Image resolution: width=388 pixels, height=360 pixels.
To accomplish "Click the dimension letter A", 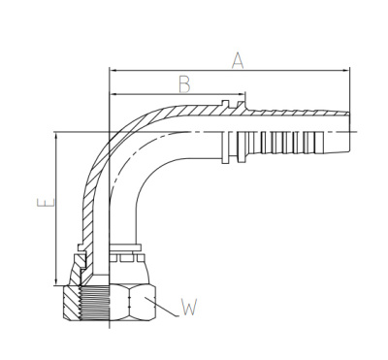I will pos(238,60).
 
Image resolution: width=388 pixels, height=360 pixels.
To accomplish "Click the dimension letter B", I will pos(184,82).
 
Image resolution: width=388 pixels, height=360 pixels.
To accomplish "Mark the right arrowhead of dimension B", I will pos(239,94).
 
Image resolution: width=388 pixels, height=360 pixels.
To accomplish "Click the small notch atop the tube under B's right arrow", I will pos(225,101).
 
